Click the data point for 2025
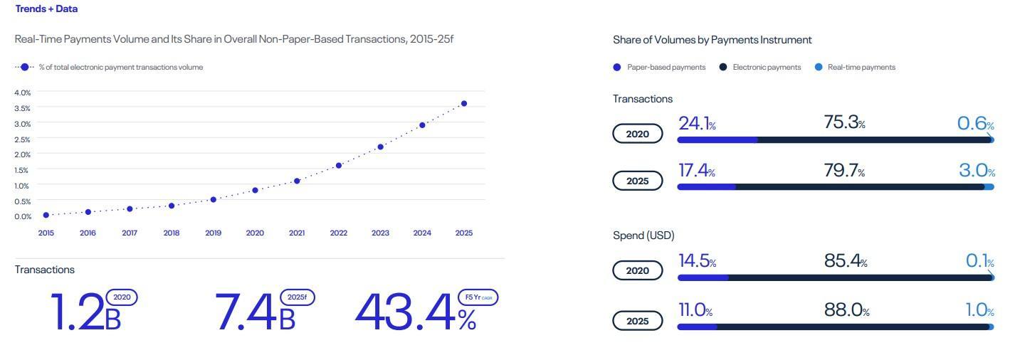point(464,104)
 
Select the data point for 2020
point(255,191)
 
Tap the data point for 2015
point(46,215)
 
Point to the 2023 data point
point(381,147)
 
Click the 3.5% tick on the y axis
point(23,108)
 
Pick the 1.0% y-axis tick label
point(23,186)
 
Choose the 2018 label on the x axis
point(172,233)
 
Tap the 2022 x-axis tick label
point(339,233)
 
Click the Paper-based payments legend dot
point(617,68)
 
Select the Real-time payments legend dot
point(819,68)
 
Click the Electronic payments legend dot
point(723,68)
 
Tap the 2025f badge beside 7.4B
point(298,297)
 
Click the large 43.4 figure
point(406,313)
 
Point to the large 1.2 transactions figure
point(78,313)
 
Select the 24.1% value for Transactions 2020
point(697,124)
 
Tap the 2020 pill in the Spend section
point(638,270)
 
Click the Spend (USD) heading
point(643,235)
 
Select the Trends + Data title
point(46,9)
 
